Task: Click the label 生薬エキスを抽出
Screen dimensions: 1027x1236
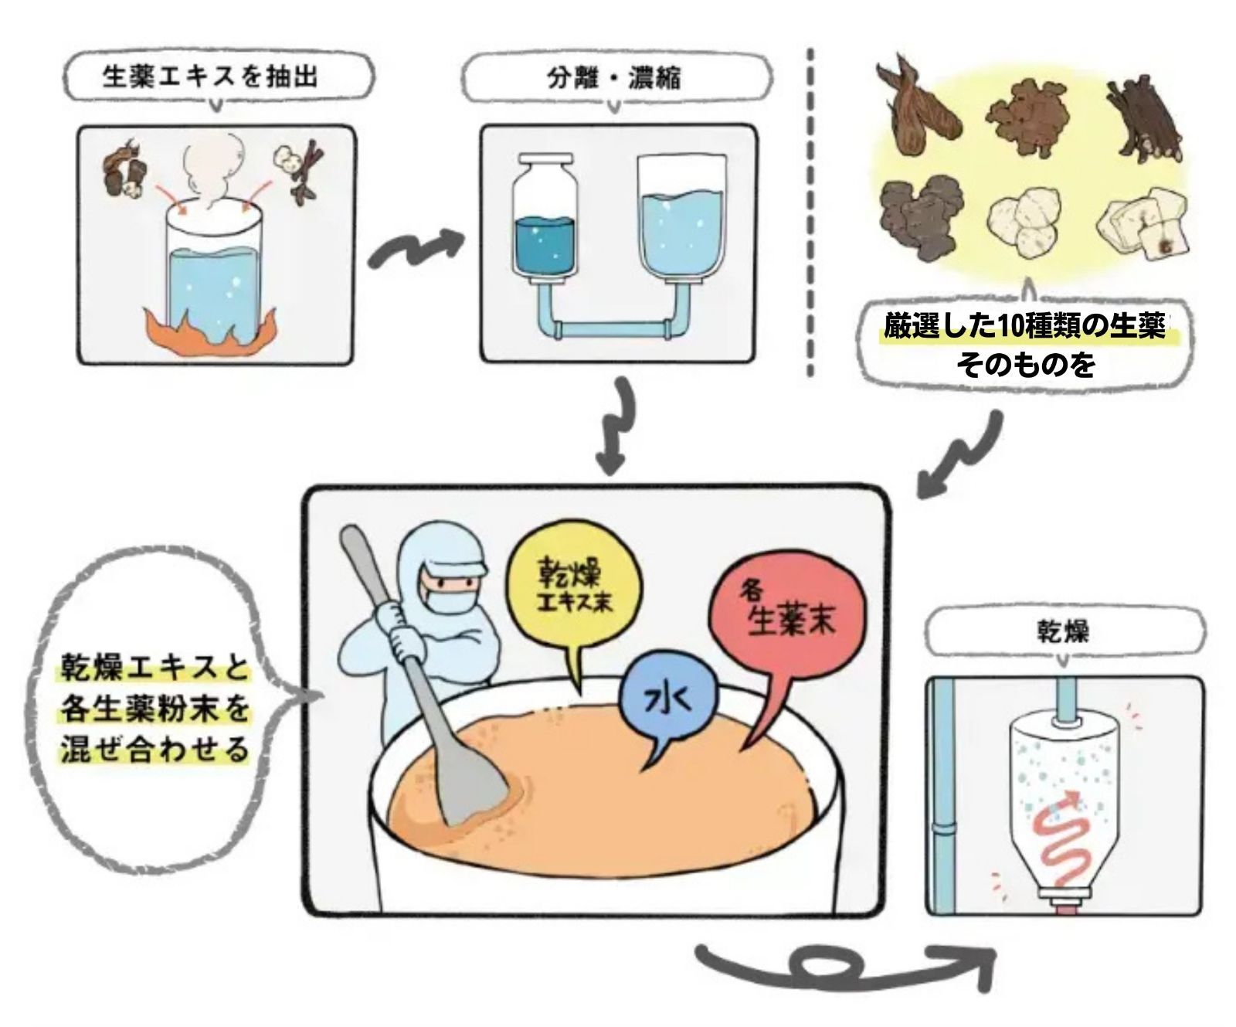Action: [x=209, y=77]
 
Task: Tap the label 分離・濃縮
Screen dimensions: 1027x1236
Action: [x=614, y=78]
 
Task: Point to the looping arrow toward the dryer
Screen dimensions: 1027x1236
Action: [x=842, y=962]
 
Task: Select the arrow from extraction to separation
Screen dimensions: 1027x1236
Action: [x=416, y=249]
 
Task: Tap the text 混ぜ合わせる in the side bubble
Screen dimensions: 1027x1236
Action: [x=154, y=750]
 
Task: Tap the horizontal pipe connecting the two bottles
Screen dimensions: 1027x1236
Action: [x=614, y=331]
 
